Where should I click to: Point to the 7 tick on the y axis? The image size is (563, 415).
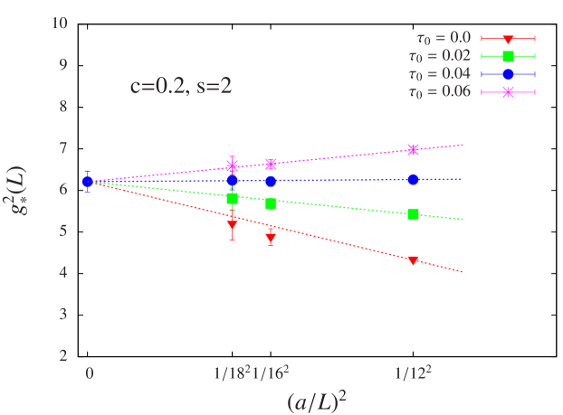point(63,147)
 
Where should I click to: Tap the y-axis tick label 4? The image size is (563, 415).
point(63,272)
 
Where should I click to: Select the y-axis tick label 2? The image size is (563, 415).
point(63,355)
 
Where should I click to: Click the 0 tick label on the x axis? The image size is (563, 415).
point(89,372)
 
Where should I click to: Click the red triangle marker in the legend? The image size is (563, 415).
point(508,39)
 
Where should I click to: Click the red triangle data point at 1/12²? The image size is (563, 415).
point(414,260)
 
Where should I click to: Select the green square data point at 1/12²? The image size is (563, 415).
point(414,214)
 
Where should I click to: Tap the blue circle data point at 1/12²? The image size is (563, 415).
point(414,180)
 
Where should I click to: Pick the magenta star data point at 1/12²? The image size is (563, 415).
point(414,150)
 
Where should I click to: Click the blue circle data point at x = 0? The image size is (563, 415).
point(88,182)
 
